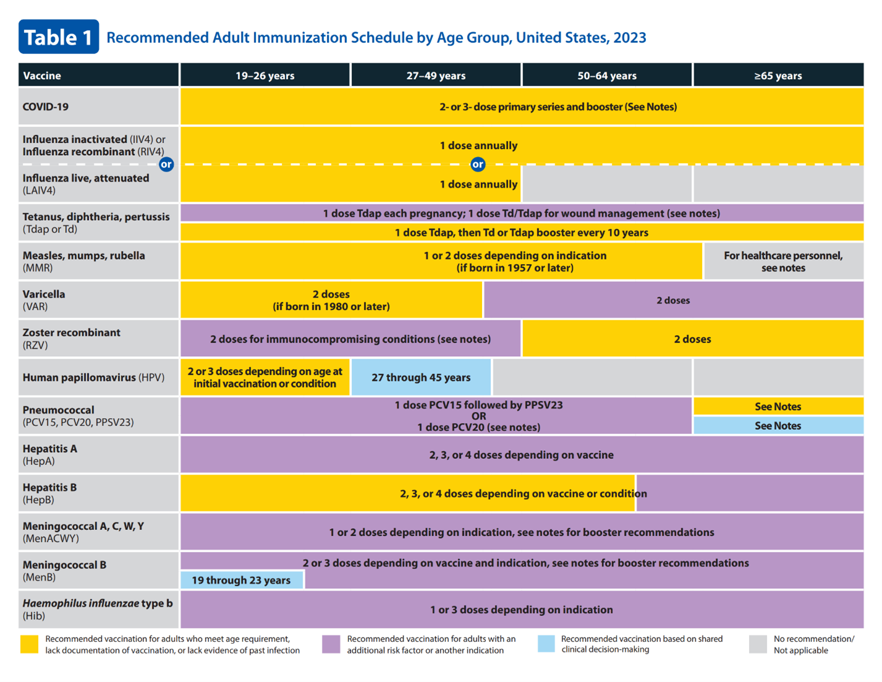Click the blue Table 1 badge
tap(59, 37)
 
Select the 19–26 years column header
tap(265, 75)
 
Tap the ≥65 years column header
tap(778, 75)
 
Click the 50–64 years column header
tap(606, 75)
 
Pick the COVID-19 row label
tap(46, 106)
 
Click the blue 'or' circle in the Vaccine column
tap(166, 164)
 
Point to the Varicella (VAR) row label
tap(44, 300)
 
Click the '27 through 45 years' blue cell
tap(421, 377)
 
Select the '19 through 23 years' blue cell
tap(241, 580)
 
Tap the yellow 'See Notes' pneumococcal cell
tap(778, 406)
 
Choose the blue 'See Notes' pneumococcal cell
tap(778, 425)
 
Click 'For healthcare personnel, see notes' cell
tap(783, 262)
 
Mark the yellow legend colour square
tap(29, 644)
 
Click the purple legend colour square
tap(331, 644)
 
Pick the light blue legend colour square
tap(546, 644)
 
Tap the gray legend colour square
tap(758, 644)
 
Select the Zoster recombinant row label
tap(72, 338)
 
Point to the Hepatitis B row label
tap(49, 493)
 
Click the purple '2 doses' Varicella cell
tap(673, 300)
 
